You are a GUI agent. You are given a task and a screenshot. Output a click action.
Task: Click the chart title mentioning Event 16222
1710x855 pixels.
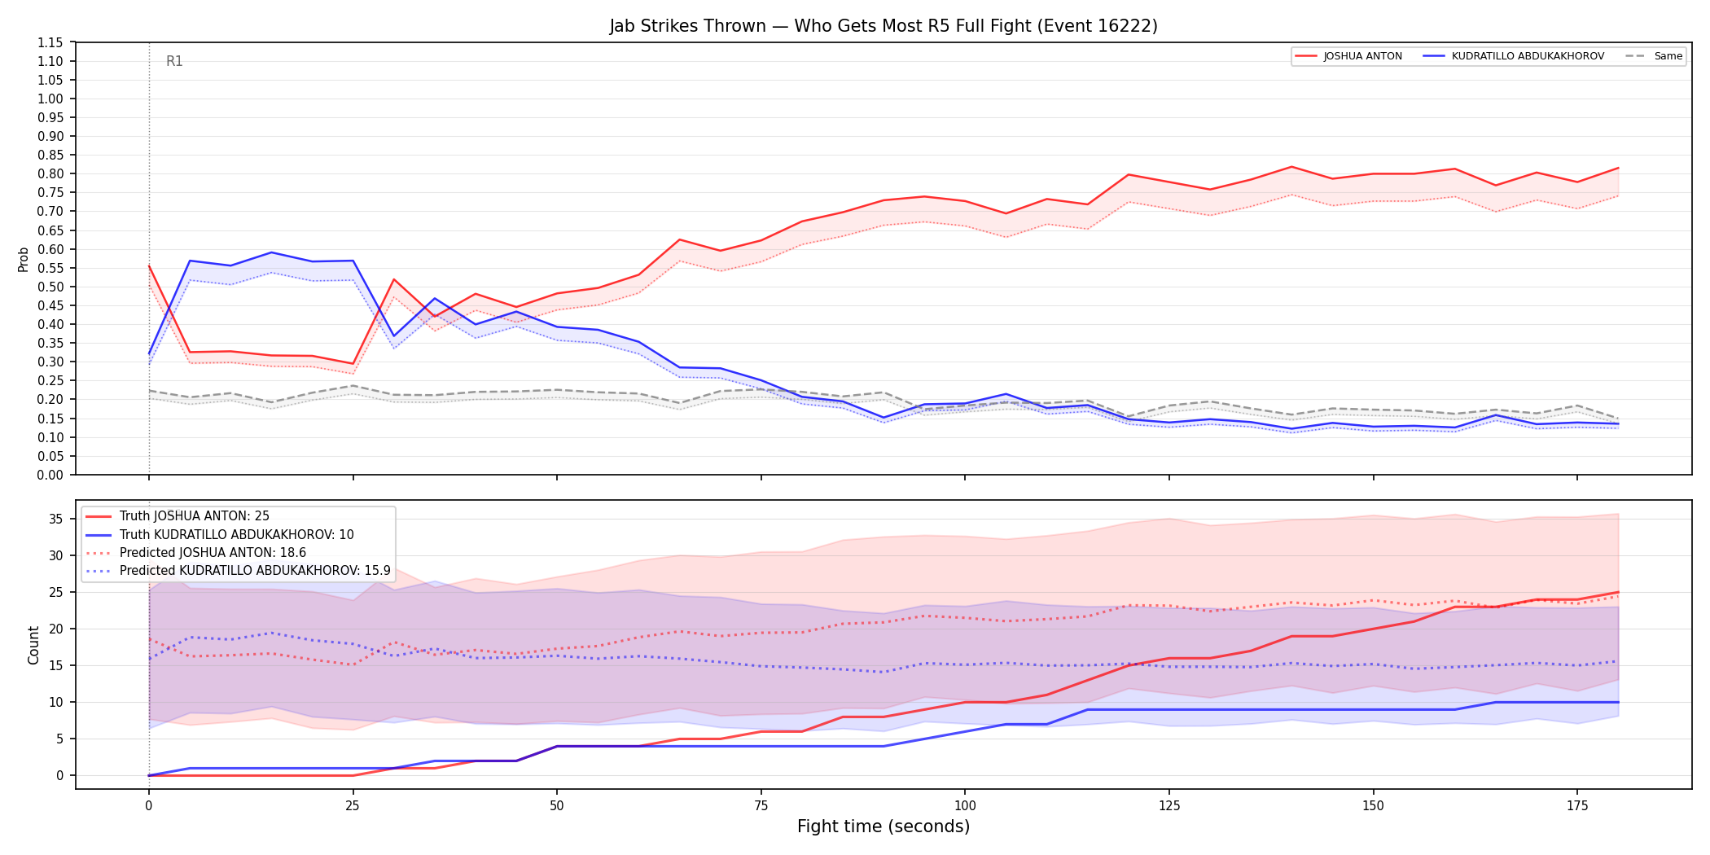click(x=883, y=26)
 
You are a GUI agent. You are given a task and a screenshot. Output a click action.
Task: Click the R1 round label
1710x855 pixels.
click(x=174, y=61)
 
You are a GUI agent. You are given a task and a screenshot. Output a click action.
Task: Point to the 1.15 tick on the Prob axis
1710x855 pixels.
click(x=50, y=42)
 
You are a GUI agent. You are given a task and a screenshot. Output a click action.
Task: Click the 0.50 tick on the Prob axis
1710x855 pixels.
click(x=50, y=287)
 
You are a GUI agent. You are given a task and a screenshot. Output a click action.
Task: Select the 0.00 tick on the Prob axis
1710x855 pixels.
click(x=50, y=475)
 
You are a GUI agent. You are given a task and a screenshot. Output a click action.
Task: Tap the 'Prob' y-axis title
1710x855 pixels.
click(x=24, y=259)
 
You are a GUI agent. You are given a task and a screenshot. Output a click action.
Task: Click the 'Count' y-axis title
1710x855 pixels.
click(x=33, y=645)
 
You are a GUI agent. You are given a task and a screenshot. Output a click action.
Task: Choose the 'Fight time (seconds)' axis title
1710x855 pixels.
click(x=883, y=826)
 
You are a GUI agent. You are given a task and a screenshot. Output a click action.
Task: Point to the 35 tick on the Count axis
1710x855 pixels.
click(x=56, y=519)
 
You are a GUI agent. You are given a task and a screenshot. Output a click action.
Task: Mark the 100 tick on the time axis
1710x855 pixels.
click(x=964, y=806)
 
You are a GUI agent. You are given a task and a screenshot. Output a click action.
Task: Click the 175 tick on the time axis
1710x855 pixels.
click(x=1577, y=806)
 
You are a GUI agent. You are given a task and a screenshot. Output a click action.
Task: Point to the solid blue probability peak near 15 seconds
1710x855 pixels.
click(x=271, y=252)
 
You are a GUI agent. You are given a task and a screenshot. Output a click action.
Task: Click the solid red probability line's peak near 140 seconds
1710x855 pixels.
click(x=1291, y=167)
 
